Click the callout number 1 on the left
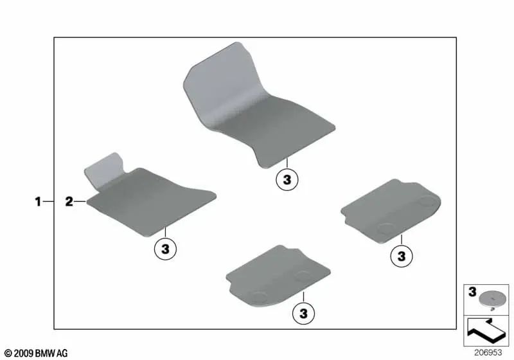[x=37, y=203]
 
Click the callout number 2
[x=69, y=203]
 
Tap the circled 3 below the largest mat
[x=287, y=181]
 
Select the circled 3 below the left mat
[x=164, y=249]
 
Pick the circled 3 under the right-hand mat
[x=400, y=256]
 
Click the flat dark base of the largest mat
[x=283, y=132]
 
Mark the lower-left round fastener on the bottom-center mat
[x=260, y=296]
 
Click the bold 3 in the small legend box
[x=472, y=292]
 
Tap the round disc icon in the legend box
[x=491, y=296]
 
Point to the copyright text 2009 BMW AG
[x=36, y=353]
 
